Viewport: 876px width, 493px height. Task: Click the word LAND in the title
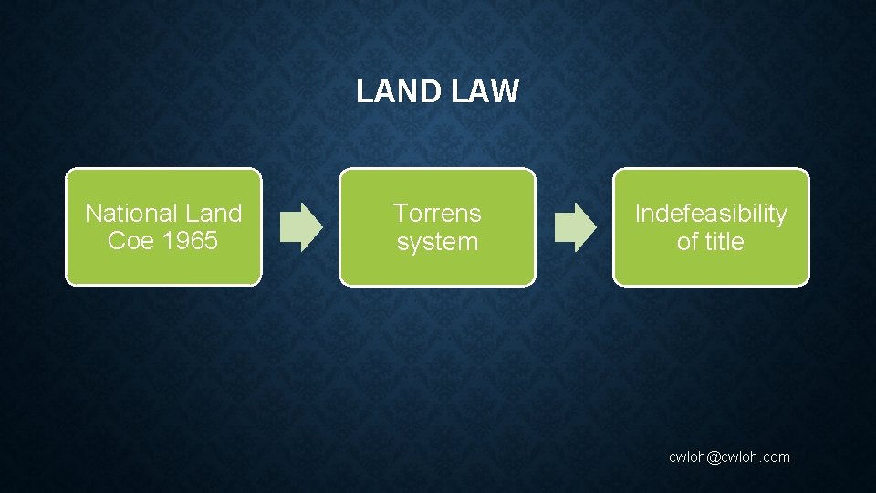click(x=391, y=91)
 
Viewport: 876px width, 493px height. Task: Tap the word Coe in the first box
click(x=126, y=242)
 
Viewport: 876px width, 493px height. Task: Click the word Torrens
click(x=437, y=214)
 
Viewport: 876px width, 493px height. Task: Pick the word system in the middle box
click(x=437, y=243)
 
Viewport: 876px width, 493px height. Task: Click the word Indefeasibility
click(x=711, y=214)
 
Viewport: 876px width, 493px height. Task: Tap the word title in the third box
click(x=725, y=242)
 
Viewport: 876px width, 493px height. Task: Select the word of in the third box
click(x=686, y=242)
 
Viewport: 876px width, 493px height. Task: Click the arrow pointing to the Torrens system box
click(x=300, y=227)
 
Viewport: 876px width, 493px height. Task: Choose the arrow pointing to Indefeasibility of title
click(x=575, y=227)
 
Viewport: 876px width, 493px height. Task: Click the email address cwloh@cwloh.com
click(x=729, y=456)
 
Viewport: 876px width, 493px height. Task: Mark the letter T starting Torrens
click(x=400, y=214)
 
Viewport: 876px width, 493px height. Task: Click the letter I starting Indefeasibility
click(x=638, y=214)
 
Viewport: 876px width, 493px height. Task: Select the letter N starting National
click(x=92, y=214)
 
